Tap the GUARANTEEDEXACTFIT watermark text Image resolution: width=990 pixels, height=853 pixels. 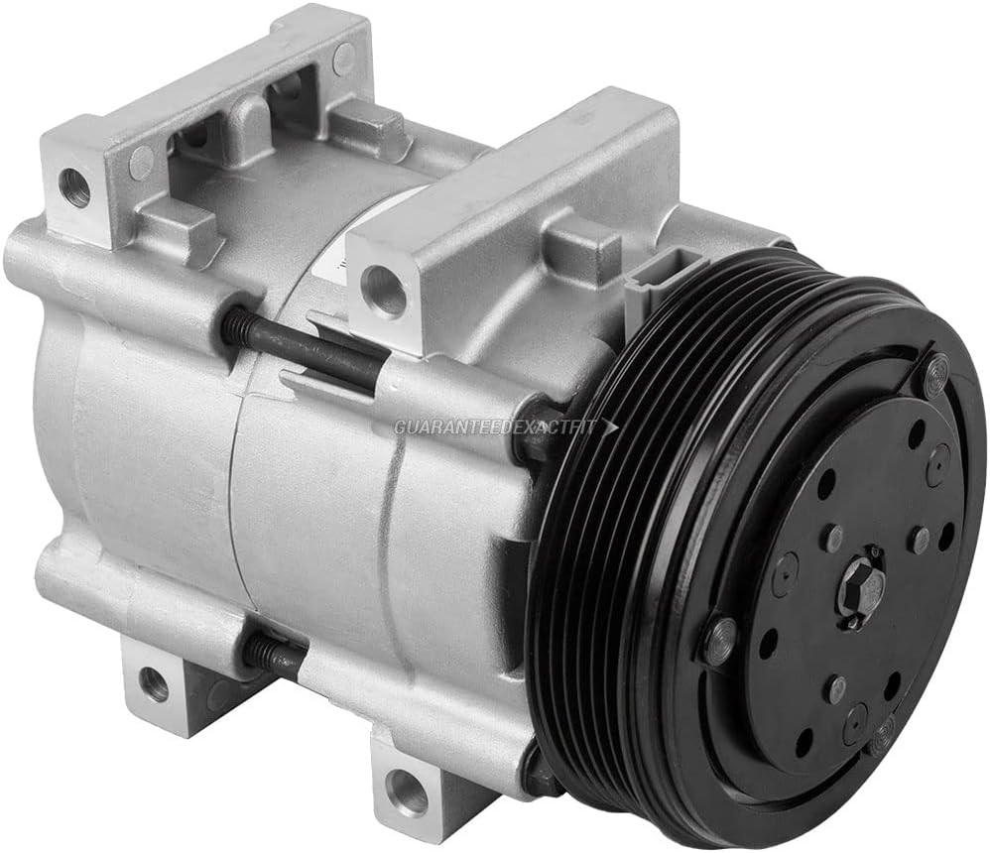495,427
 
